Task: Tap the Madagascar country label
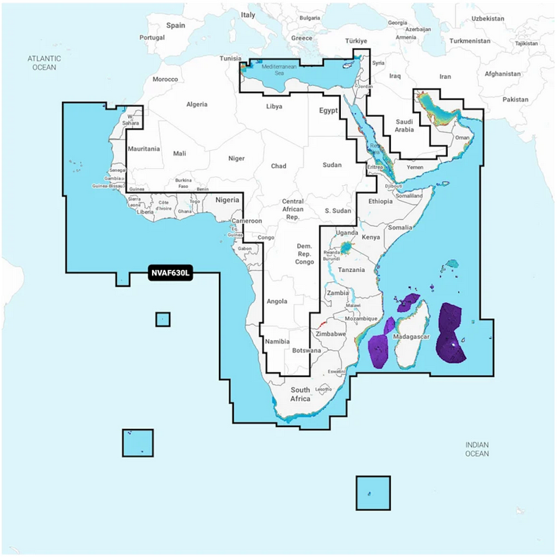coord(413,337)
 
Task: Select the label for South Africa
coord(301,395)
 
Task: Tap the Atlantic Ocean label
coord(44,63)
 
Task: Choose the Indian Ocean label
coord(476,449)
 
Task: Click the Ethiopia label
coord(380,201)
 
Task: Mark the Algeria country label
coord(196,104)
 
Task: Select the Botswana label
coord(306,350)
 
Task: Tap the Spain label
coord(175,25)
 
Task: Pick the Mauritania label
coord(144,149)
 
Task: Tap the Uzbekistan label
coord(488,17)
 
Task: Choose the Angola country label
coord(277,302)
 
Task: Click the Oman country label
coord(462,138)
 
